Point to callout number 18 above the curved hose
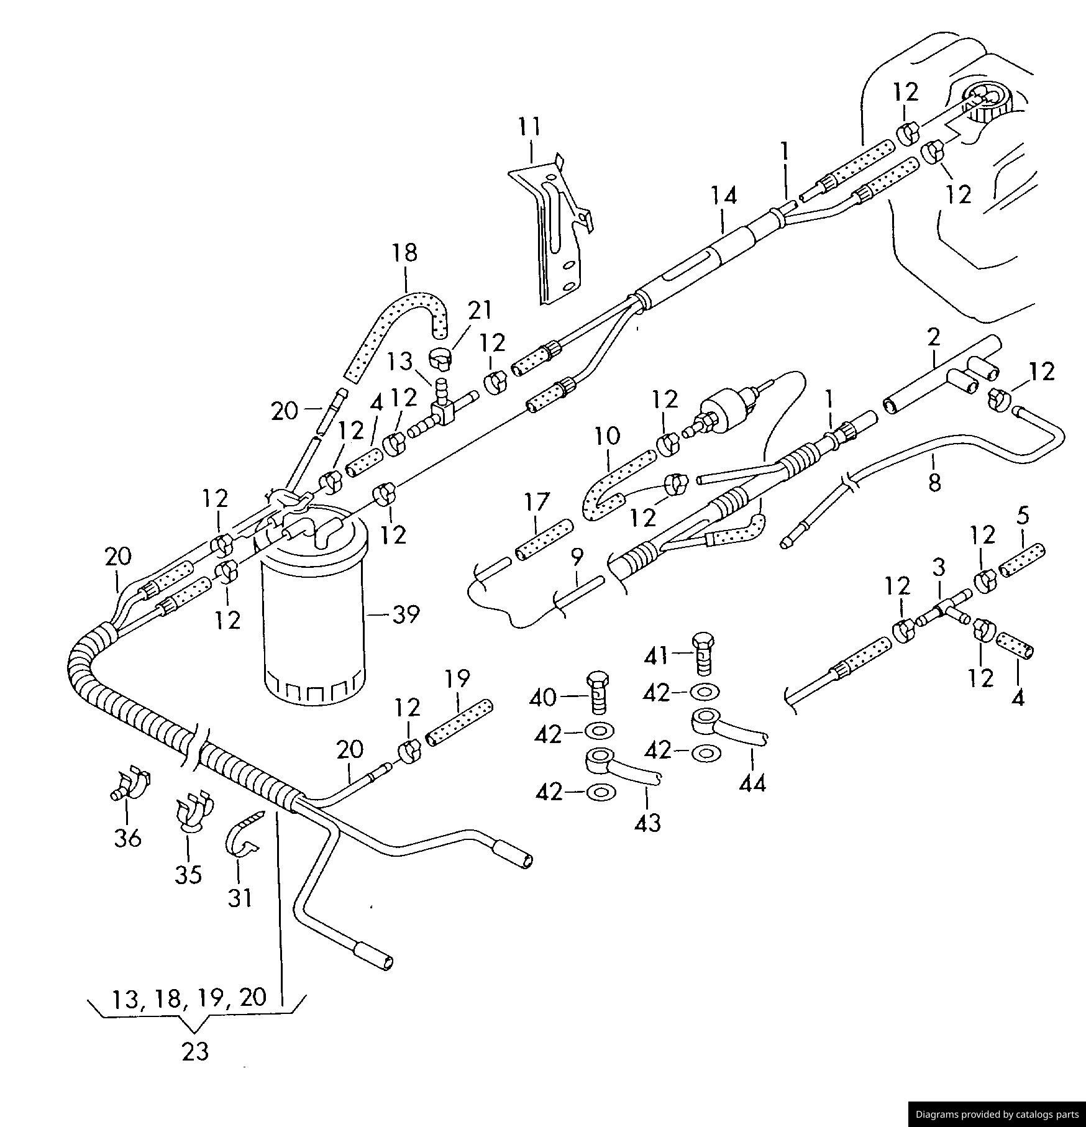point(404,253)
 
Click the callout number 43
point(647,824)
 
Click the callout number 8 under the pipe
point(934,482)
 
